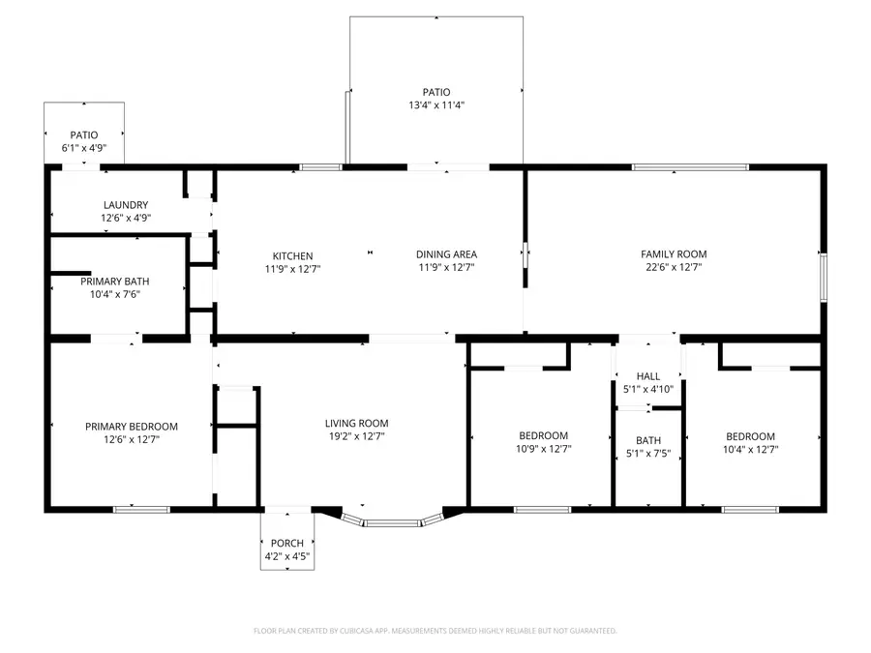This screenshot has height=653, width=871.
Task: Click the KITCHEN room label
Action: (292, 255)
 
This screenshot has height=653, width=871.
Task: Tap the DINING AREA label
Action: (446, 254)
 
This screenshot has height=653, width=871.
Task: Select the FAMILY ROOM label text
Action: (674, 254)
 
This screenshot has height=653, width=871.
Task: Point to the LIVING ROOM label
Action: (356, 424)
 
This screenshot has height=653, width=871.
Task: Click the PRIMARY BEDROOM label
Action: (132, 427)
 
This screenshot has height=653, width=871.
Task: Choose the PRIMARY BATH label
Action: (114, 282)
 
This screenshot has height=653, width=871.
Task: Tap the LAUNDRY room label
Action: (126, 205)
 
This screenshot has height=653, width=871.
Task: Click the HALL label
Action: (647, 376)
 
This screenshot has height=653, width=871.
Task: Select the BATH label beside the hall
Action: (647, 440)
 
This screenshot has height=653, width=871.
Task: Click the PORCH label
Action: (286, 543)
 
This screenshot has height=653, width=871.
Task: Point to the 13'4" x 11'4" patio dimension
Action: (436, 105)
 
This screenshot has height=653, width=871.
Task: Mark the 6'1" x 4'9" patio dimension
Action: (83, 148)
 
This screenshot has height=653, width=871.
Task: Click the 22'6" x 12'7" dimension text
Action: (674, 267)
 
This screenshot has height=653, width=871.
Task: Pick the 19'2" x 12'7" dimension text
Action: (356, 436)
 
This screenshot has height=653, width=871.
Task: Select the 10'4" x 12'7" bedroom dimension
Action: (751, 449)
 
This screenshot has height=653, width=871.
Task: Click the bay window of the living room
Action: (393, 523)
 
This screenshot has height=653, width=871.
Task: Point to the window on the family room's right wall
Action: (824, 277)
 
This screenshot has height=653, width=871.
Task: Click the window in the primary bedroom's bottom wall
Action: (141, 509)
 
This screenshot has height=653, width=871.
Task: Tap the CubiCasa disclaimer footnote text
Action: (435, 631)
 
